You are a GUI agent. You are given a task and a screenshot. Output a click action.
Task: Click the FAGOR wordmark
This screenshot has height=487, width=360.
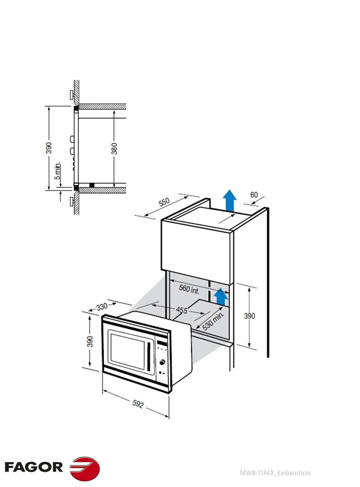click(34, 467)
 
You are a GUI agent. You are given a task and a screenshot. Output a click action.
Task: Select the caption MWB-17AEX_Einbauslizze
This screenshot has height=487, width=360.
click(275, 473)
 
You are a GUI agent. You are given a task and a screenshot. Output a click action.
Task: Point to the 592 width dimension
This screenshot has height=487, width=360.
click(138, 405)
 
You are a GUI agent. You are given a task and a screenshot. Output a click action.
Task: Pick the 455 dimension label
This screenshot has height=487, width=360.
click(182, 310)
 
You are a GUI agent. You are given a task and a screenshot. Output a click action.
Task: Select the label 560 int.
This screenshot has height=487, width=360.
click(189, 289)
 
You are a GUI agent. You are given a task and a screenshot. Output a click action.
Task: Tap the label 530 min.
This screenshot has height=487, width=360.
click(213, 322)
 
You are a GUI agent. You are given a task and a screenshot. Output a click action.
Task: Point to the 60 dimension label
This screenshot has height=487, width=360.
click(254, 195)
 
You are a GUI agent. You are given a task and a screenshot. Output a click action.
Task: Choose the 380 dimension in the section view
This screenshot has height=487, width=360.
click(114, 148)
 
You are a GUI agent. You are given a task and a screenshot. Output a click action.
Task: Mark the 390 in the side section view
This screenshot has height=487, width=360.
click(49, 148)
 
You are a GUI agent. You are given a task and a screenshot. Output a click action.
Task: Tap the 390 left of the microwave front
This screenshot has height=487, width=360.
click(90, 341)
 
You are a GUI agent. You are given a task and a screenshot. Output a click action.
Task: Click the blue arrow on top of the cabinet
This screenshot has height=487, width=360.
click(229, 200)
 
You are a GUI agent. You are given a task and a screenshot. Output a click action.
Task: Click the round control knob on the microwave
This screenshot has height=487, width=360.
click(163, 362)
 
